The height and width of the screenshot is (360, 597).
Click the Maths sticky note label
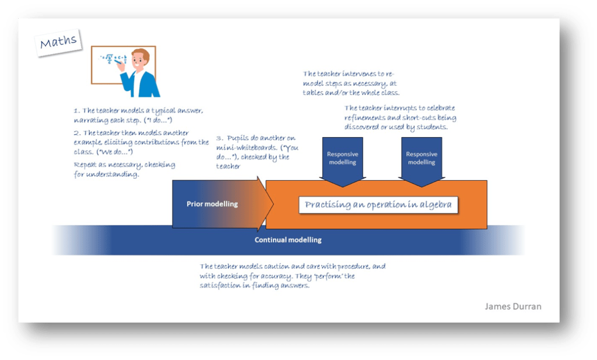click(58, 43)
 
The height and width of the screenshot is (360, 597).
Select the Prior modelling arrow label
click(212, 204)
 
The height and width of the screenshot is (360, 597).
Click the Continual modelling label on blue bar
click(288, 240)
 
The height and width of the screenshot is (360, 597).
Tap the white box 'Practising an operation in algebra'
click(378, 205)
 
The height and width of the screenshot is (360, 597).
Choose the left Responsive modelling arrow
click(342, 158)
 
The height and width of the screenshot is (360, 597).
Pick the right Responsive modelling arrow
click(422, 158)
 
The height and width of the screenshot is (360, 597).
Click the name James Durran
click(513, 306)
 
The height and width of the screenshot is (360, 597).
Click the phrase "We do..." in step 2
click(117, 151)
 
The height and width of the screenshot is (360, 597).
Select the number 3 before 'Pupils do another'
click(219, 139)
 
